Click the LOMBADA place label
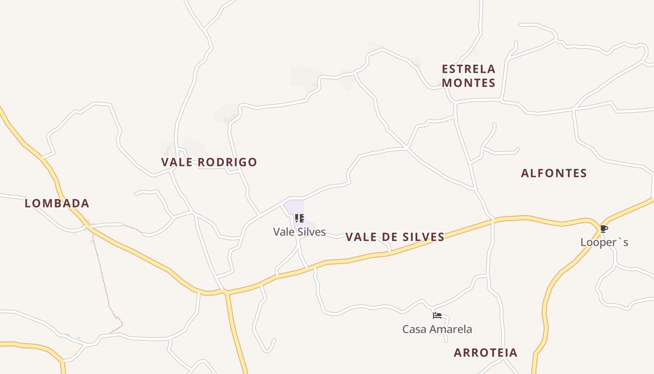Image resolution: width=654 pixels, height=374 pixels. click(x=57, y=203)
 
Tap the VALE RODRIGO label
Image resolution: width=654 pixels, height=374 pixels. click(x=209, y=162)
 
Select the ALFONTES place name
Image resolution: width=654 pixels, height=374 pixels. click(x=554, y=173)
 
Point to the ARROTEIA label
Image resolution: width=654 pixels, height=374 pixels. click(x=485, y=352)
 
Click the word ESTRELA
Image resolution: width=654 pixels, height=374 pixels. click(x=469, y=69)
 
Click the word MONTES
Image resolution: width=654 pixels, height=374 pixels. click(x=469, y=83)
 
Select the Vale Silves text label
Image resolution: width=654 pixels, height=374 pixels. click(x=299, y=231)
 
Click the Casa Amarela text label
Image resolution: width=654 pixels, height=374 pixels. click(x=437, y=329)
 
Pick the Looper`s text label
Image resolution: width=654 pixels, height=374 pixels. click(x=604, y=242)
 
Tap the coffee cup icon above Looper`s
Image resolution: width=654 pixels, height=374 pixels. click(x=604, y=229)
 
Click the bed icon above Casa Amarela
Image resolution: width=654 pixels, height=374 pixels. click(x=437, y=316)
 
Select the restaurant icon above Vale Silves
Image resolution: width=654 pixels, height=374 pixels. click(x=299, y=218)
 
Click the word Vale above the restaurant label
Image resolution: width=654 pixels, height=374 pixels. click(x=283, y=231)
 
